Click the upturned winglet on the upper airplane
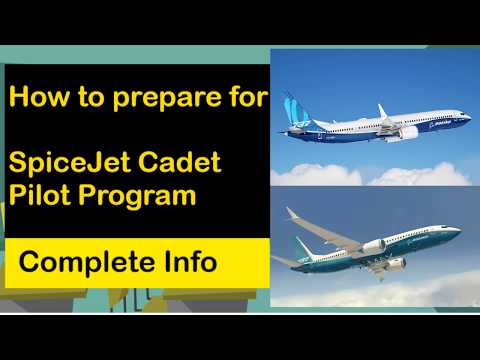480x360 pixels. [381, 109]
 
